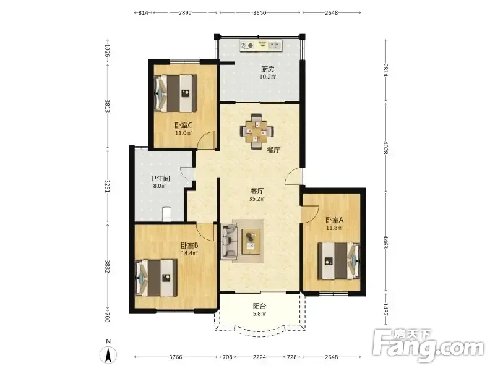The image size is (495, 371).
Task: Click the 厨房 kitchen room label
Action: point(267,69)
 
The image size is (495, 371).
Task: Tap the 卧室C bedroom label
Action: point(183,126)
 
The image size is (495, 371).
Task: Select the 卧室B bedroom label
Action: point(189,245)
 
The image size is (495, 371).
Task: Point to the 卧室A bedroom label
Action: point(334,220)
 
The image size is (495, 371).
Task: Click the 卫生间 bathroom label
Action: point(160,178)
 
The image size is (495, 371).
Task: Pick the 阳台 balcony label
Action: point(260,306)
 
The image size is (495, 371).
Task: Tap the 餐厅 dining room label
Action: point(273,150)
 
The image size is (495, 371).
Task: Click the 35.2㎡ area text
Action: point(257,198)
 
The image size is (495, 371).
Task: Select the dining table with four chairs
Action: point(257,130)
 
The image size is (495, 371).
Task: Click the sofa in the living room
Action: point(229,241)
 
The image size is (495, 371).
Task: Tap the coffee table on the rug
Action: point(251,241)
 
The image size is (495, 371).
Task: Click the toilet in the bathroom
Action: point(166,213)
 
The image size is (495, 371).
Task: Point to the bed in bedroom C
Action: point(176,93)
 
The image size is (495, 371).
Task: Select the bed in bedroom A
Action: point(338,261)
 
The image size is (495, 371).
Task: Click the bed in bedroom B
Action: point(157,278)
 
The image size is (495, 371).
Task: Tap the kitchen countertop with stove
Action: point(260,45)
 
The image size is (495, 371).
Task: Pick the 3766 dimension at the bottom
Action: point(176,357)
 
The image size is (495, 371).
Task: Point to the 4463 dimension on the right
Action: point(385,242)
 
